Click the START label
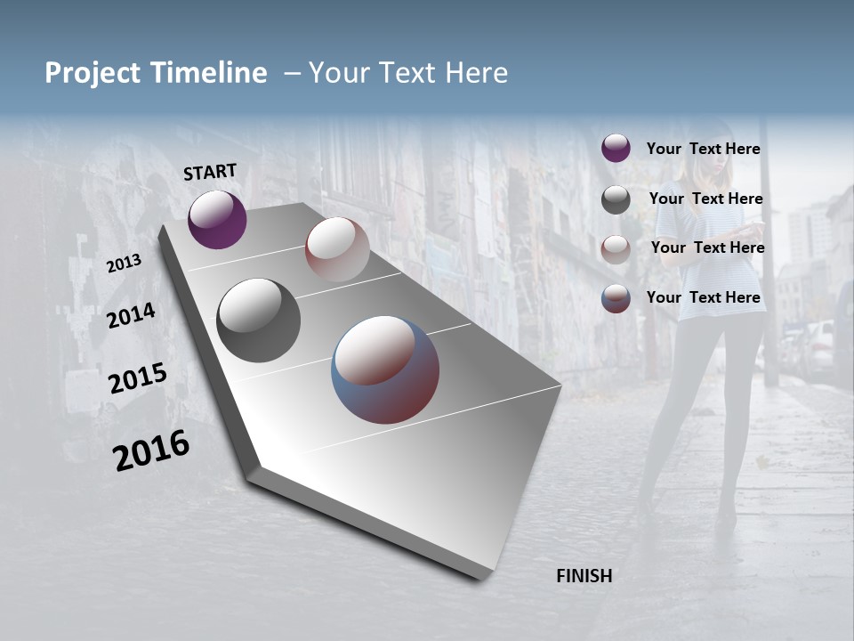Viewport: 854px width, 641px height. click(x=210, y=172)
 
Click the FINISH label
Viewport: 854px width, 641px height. click(x=584, y=576)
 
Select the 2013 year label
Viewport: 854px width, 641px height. click(x=124, y=264)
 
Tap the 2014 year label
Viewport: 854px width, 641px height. click(x=131, y=315)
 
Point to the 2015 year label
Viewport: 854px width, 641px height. click(x=137, y=378)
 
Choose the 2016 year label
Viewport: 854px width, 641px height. click(x=151, y=450)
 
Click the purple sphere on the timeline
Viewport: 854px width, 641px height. click(x=217, y=219)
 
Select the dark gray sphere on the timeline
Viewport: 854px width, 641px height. click(x=258, y=320)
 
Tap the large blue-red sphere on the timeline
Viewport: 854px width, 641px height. click(x=385, y=369)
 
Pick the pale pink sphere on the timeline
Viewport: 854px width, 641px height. click(x=337, y=248)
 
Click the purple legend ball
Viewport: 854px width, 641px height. click(x=616, y=149)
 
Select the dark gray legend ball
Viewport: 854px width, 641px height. click(x=616, y=199)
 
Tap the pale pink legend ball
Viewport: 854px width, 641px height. click(x=616, y=248)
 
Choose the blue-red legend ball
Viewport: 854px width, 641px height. click(x=616, y=298)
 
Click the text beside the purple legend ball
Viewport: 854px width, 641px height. click(x=703, y=149)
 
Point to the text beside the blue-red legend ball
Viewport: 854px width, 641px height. click(x=703, y=297)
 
